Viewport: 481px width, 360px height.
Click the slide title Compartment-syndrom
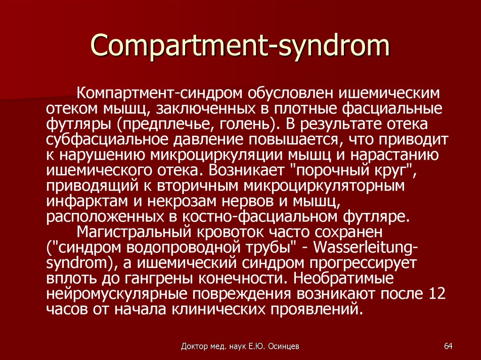(240, 46)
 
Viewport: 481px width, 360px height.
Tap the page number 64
(448, 346)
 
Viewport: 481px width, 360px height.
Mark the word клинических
(218, 309)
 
